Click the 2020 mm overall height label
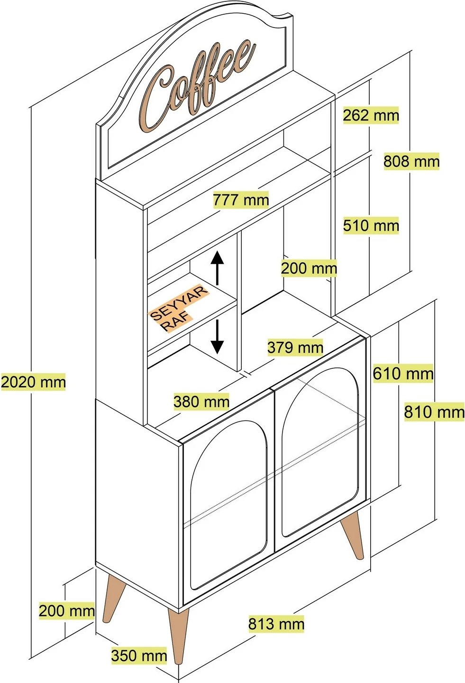point(33,382)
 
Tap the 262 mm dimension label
point(371,115)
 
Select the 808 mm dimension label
point(411,161)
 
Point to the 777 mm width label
point(241,200)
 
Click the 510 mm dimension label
point(371,225)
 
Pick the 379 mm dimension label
point(295,347)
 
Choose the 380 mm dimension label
point(201,402)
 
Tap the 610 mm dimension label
point(402,374)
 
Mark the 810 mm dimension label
point(434,412)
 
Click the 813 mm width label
point(276,624)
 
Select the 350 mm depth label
point(139,656)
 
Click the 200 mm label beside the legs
point(66,610)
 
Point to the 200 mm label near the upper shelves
point(309,268)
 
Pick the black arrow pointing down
point(217,337)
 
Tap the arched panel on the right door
point(320,451)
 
